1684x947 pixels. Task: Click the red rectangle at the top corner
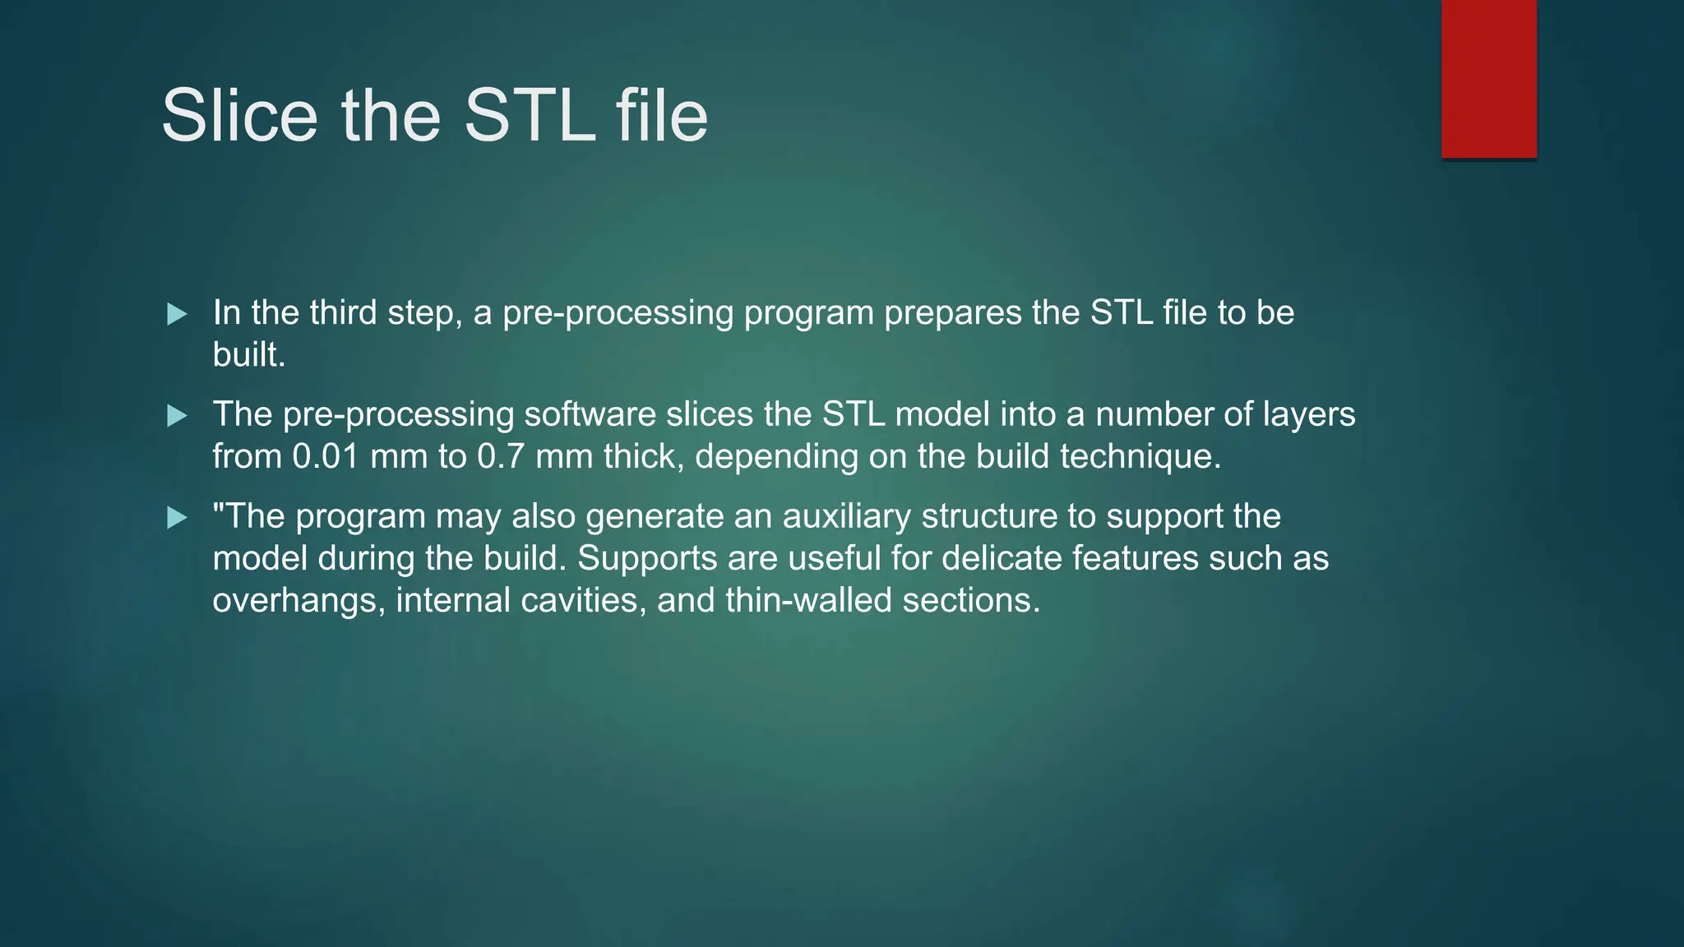[x=1488, y=78]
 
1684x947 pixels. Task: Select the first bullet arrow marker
[x=177, y=314]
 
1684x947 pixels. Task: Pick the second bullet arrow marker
[x=177, y=416]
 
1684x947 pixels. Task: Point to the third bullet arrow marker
[x=177, y=518]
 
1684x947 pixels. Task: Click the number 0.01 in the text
[x=326, y=456]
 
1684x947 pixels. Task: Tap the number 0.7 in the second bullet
[x=501, y=456]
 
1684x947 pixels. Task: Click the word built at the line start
[x=248, y=355]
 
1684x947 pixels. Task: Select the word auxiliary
[x=847, y=516]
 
